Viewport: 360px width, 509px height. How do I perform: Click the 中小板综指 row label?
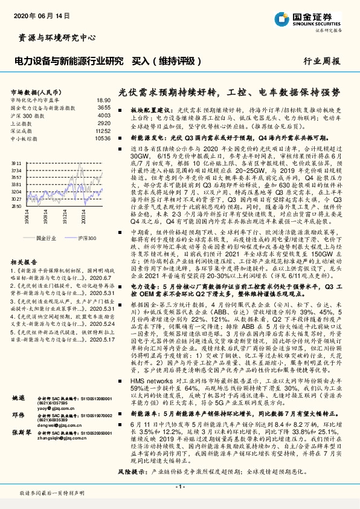point(25,138)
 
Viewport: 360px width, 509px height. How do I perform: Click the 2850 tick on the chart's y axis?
point(17,206)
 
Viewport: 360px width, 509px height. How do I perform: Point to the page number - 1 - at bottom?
point(180,487)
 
